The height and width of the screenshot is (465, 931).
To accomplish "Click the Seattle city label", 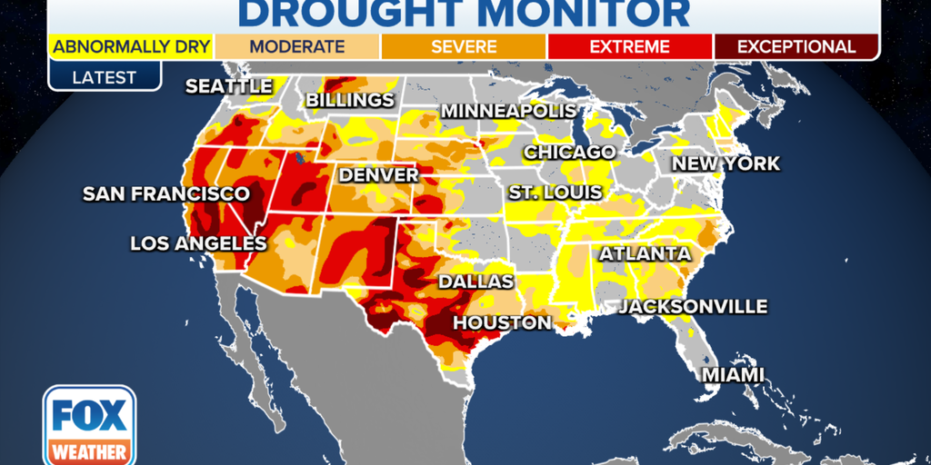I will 229,86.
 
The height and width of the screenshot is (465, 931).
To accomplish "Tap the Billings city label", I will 350,100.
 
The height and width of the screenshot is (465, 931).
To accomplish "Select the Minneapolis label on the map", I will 508,111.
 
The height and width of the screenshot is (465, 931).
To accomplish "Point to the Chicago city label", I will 569,152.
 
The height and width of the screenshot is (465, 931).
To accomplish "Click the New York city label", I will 726,164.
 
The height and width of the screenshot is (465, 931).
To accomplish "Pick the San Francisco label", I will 165,193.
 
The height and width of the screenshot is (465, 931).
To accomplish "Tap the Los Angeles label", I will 198,243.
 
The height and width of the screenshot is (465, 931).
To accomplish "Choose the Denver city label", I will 378,174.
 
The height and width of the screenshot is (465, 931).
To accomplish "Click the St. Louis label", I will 555,193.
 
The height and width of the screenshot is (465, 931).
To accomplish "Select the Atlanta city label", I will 645,254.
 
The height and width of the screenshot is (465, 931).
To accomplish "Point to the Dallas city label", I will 476,282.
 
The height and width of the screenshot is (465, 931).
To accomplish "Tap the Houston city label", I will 502,322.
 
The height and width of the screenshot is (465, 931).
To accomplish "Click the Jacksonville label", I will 693,307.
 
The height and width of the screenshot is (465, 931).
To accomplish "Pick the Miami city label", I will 733,374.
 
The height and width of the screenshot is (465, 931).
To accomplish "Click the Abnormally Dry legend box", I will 131,46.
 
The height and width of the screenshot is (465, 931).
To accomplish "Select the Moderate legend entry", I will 297,46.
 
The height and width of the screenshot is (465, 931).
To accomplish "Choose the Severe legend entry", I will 464,46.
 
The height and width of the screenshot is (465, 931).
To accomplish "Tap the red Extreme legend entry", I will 630,46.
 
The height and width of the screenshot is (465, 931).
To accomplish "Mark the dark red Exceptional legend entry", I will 796,46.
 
